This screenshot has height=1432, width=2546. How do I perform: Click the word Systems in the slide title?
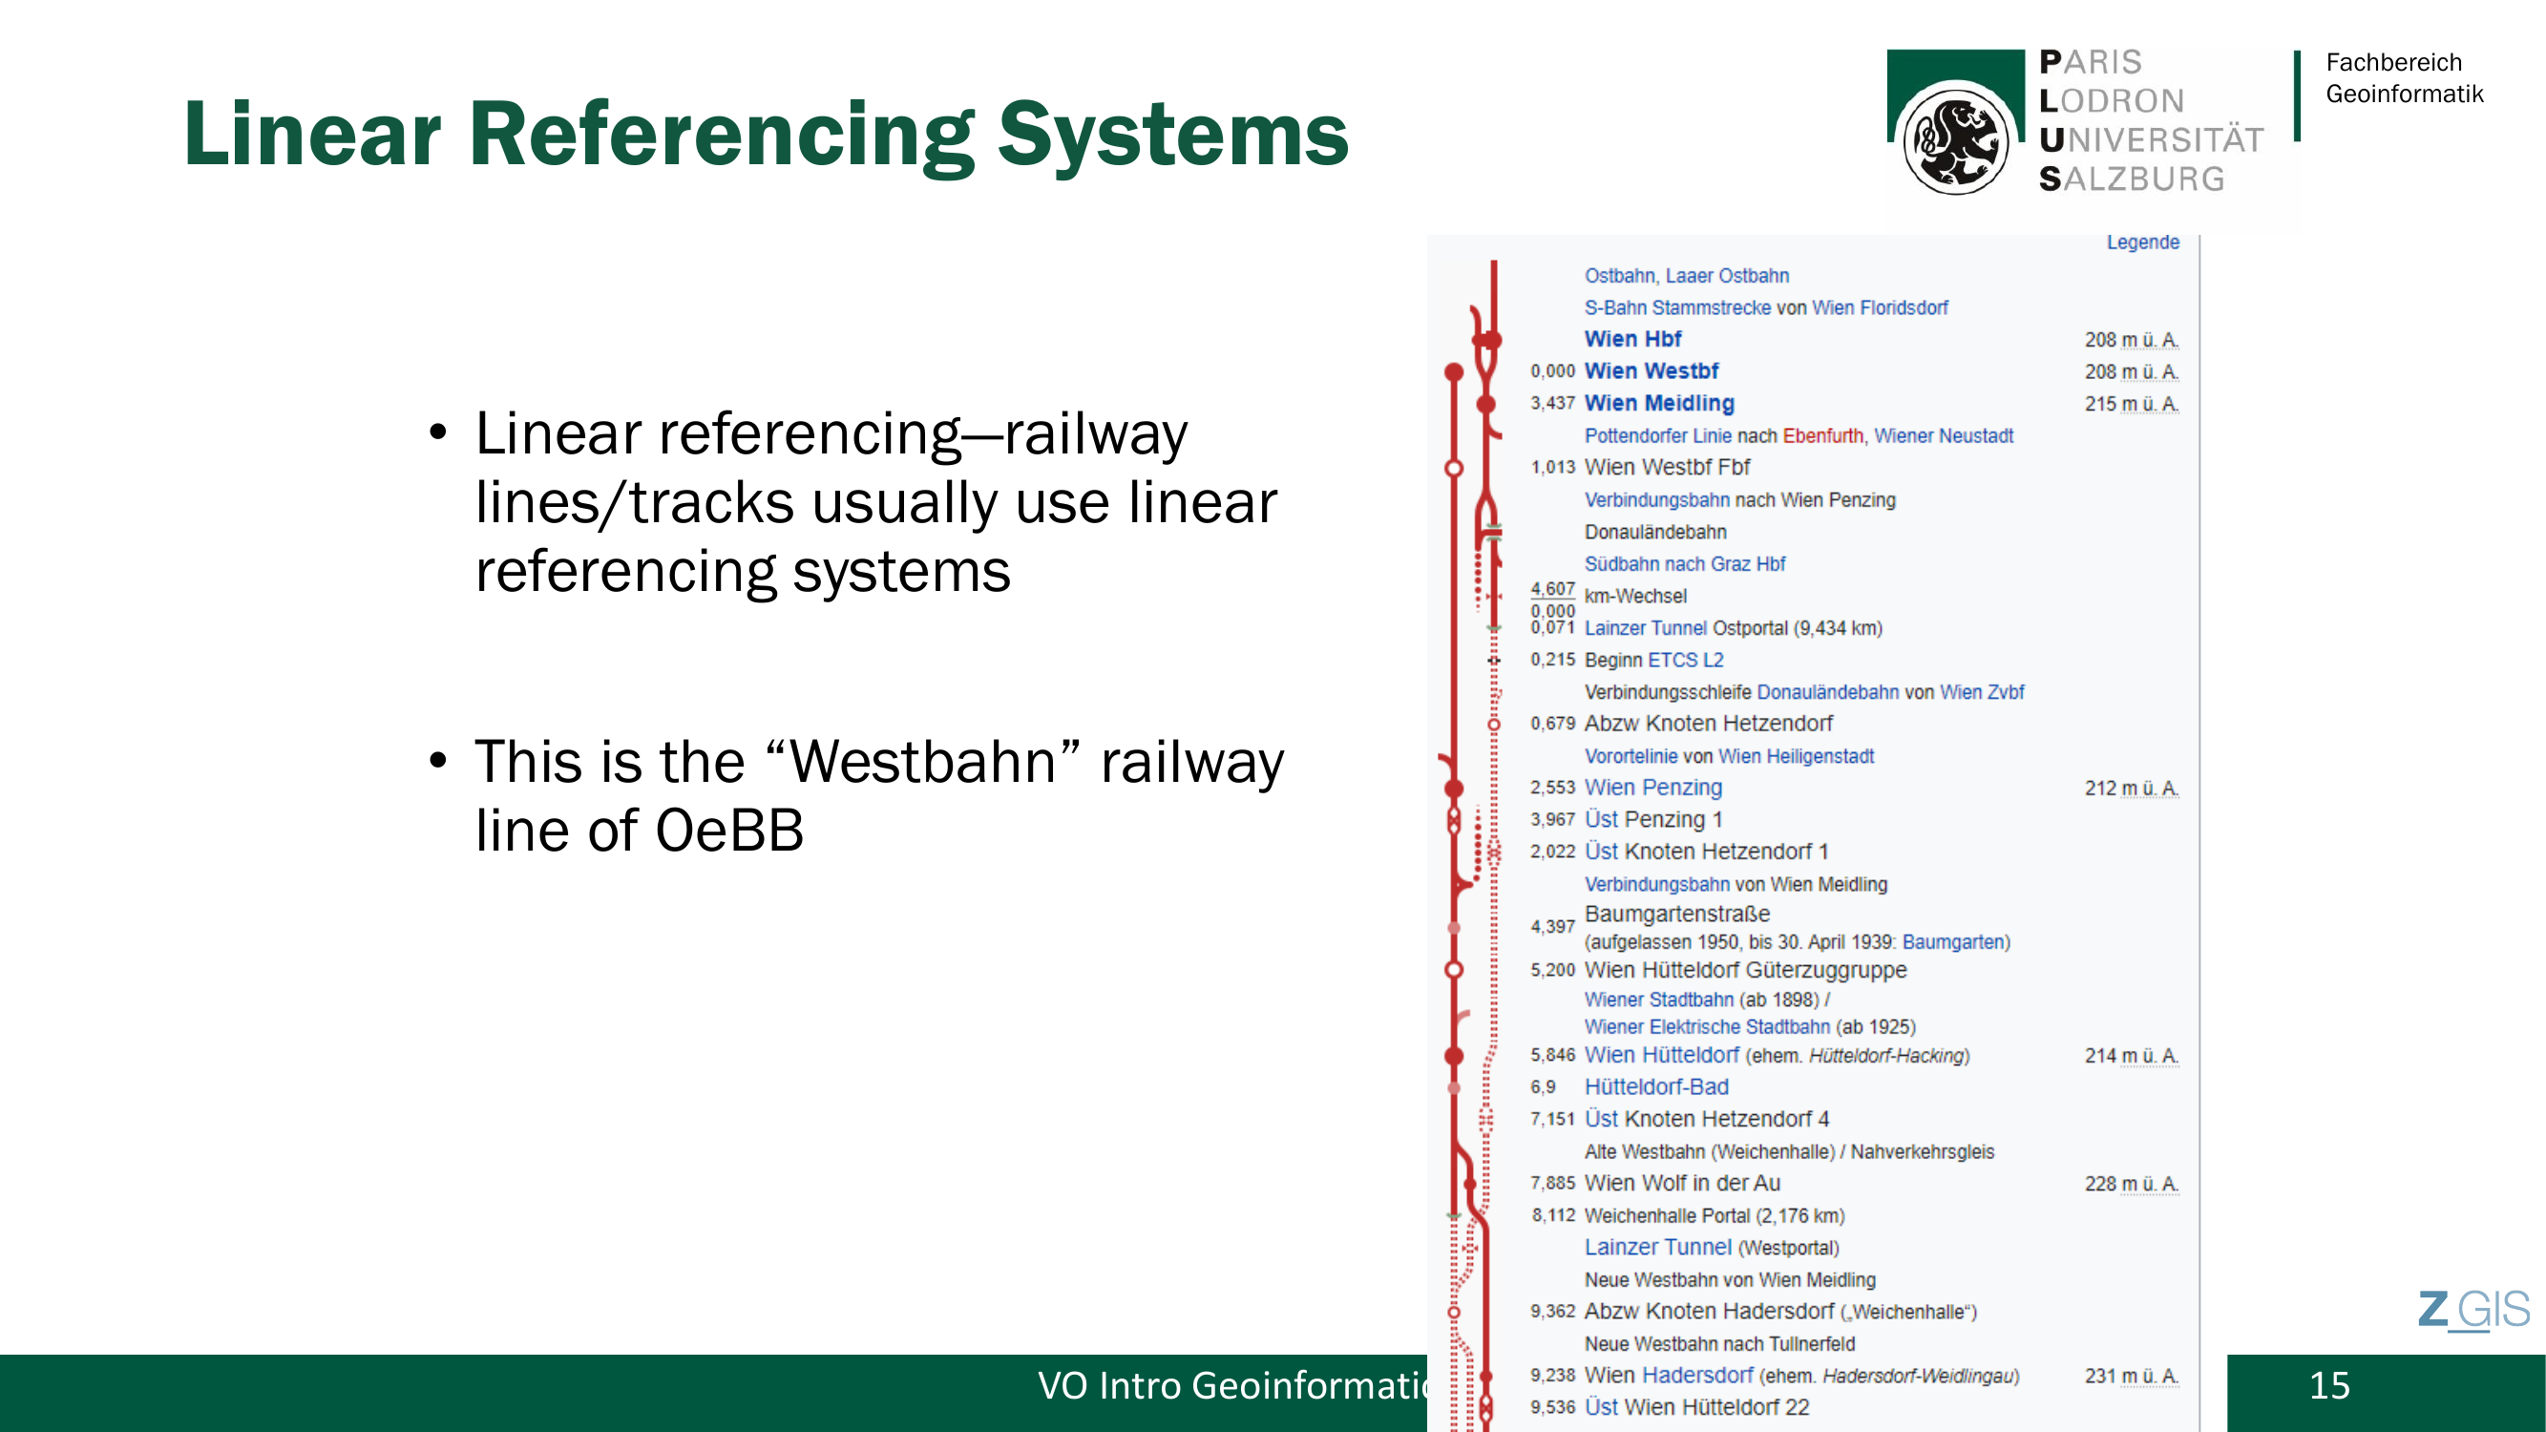click(1173, 135)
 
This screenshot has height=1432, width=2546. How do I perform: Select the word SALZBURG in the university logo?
click(2132, 179)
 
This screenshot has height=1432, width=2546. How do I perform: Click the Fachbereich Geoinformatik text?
click(2404, 78)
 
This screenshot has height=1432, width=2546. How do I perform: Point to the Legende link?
click(2143, 242)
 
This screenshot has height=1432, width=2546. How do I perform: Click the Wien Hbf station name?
click(1632, 339)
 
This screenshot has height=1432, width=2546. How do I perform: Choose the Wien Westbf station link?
click(1652, 370)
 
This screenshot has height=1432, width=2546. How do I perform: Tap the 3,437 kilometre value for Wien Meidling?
click(1552, 403)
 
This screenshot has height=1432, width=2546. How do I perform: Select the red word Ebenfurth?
click(1822, 436)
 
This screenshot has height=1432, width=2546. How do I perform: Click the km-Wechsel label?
click(1635, 596)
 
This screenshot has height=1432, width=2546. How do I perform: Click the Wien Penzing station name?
click(1653, 788)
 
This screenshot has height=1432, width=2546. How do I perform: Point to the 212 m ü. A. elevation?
click(2132, 788)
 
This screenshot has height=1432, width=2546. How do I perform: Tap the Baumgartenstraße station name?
click(1677, 915)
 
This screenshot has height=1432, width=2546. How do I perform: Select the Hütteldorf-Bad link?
click(1656, 1087)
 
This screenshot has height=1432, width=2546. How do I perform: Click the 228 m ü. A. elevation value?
click(2132, 1183)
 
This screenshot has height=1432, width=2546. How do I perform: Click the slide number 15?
click(2329, 1385)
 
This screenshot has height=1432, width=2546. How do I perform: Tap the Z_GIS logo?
click(2473, 1311)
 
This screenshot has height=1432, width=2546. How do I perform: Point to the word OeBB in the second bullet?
click(729, 831)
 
